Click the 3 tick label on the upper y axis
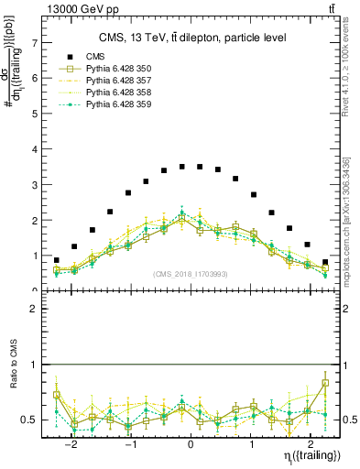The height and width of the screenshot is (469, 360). tap(36, 185)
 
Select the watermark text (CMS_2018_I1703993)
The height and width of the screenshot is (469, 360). tap(191, 274)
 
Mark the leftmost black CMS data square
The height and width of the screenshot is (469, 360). tap(57, 260)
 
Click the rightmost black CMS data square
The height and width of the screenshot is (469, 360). tap(325, 262)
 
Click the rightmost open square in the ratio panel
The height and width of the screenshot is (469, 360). tap(325, 383)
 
